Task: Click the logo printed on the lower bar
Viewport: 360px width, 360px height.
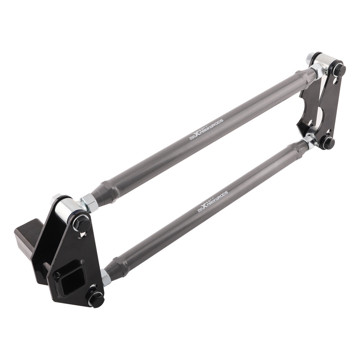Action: tap(213, 201)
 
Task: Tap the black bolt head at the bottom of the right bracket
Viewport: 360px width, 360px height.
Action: tap(328, 143)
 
